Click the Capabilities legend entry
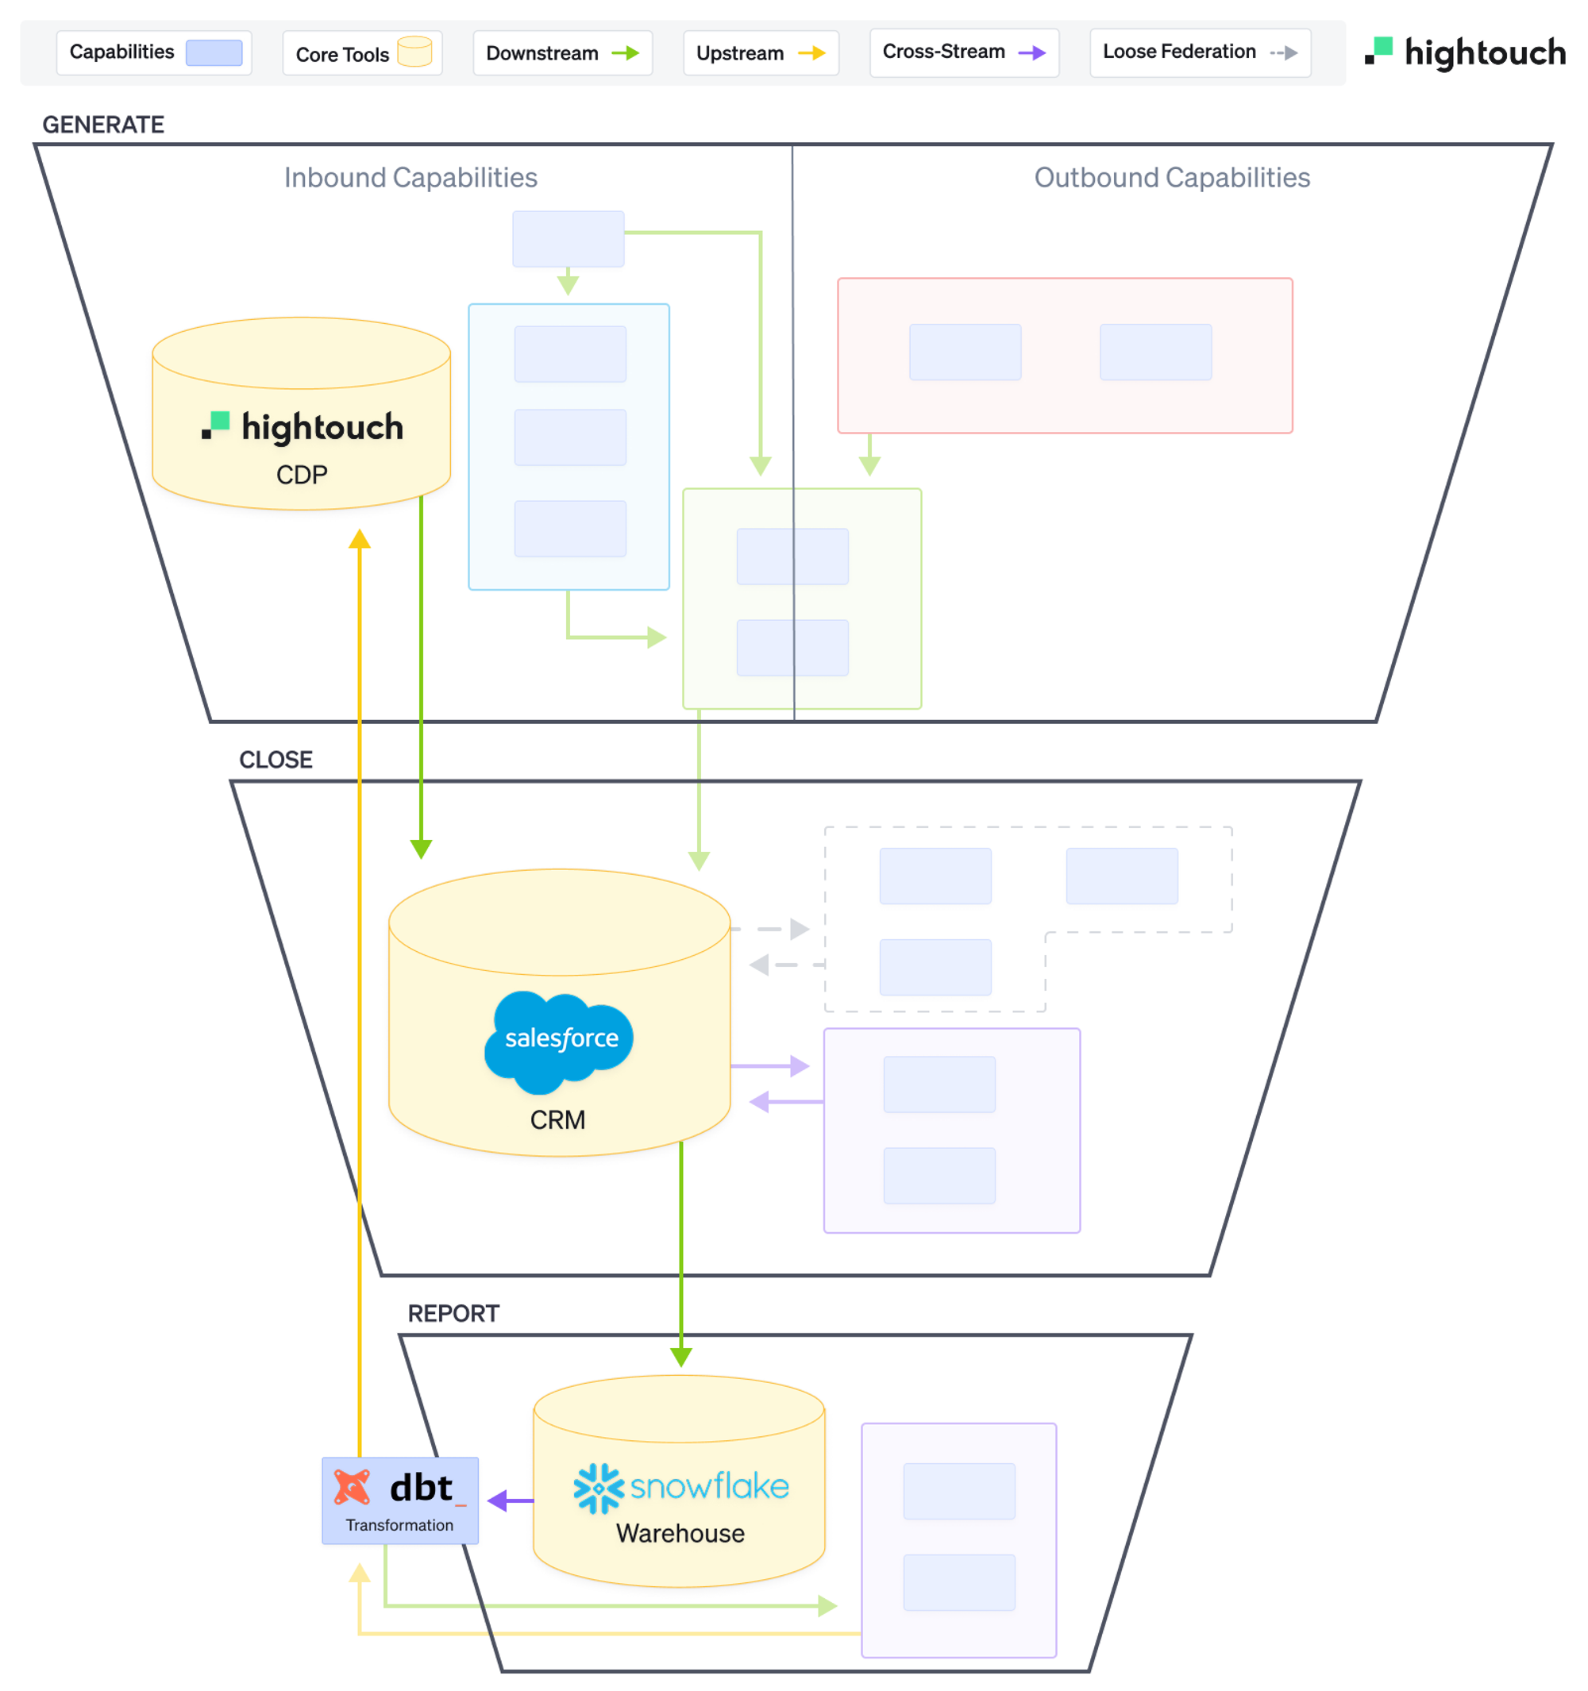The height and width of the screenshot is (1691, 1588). pyautogui.click(x=154, y=52)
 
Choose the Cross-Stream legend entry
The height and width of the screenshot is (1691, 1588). pyautogui.click(x=964, y=52)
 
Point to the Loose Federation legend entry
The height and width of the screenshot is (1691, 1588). pyautogui.click(x=1199, y=52)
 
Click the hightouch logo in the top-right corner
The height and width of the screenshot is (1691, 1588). pyautogui.click(x=1465, y=52)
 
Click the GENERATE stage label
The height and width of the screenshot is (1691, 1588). pyautogui.click(x=104, y=125)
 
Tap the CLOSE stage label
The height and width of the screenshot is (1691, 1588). pyautogui.click(x=276, y=760)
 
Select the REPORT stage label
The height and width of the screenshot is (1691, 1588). pyautogui.click(x=453, y=1313)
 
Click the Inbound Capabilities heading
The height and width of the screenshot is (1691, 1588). pyautogui.click(x=410, y=178)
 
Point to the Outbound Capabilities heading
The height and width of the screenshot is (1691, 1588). pyautogui.click(x=1171, y=178)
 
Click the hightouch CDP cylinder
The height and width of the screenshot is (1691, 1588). pyautogui.click(x=301, y=426)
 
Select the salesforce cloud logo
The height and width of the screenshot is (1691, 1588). pyautogui.click(x=560, y=1039)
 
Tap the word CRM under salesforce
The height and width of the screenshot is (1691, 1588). pyautogui.click(x=558, y=1119)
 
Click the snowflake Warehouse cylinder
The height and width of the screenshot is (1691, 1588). pyautogui.click(x=680, y=1497)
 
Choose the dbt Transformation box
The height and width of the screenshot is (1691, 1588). pyautogui.click(x=399, y=1500)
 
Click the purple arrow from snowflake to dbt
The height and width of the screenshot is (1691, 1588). pyautogui.click(x=511, y=1500)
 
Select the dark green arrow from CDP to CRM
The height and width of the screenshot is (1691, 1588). pyautogui.click(x=421, y=680)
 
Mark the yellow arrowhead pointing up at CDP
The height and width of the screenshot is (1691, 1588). pyautogui.click(x=360, y=539)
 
